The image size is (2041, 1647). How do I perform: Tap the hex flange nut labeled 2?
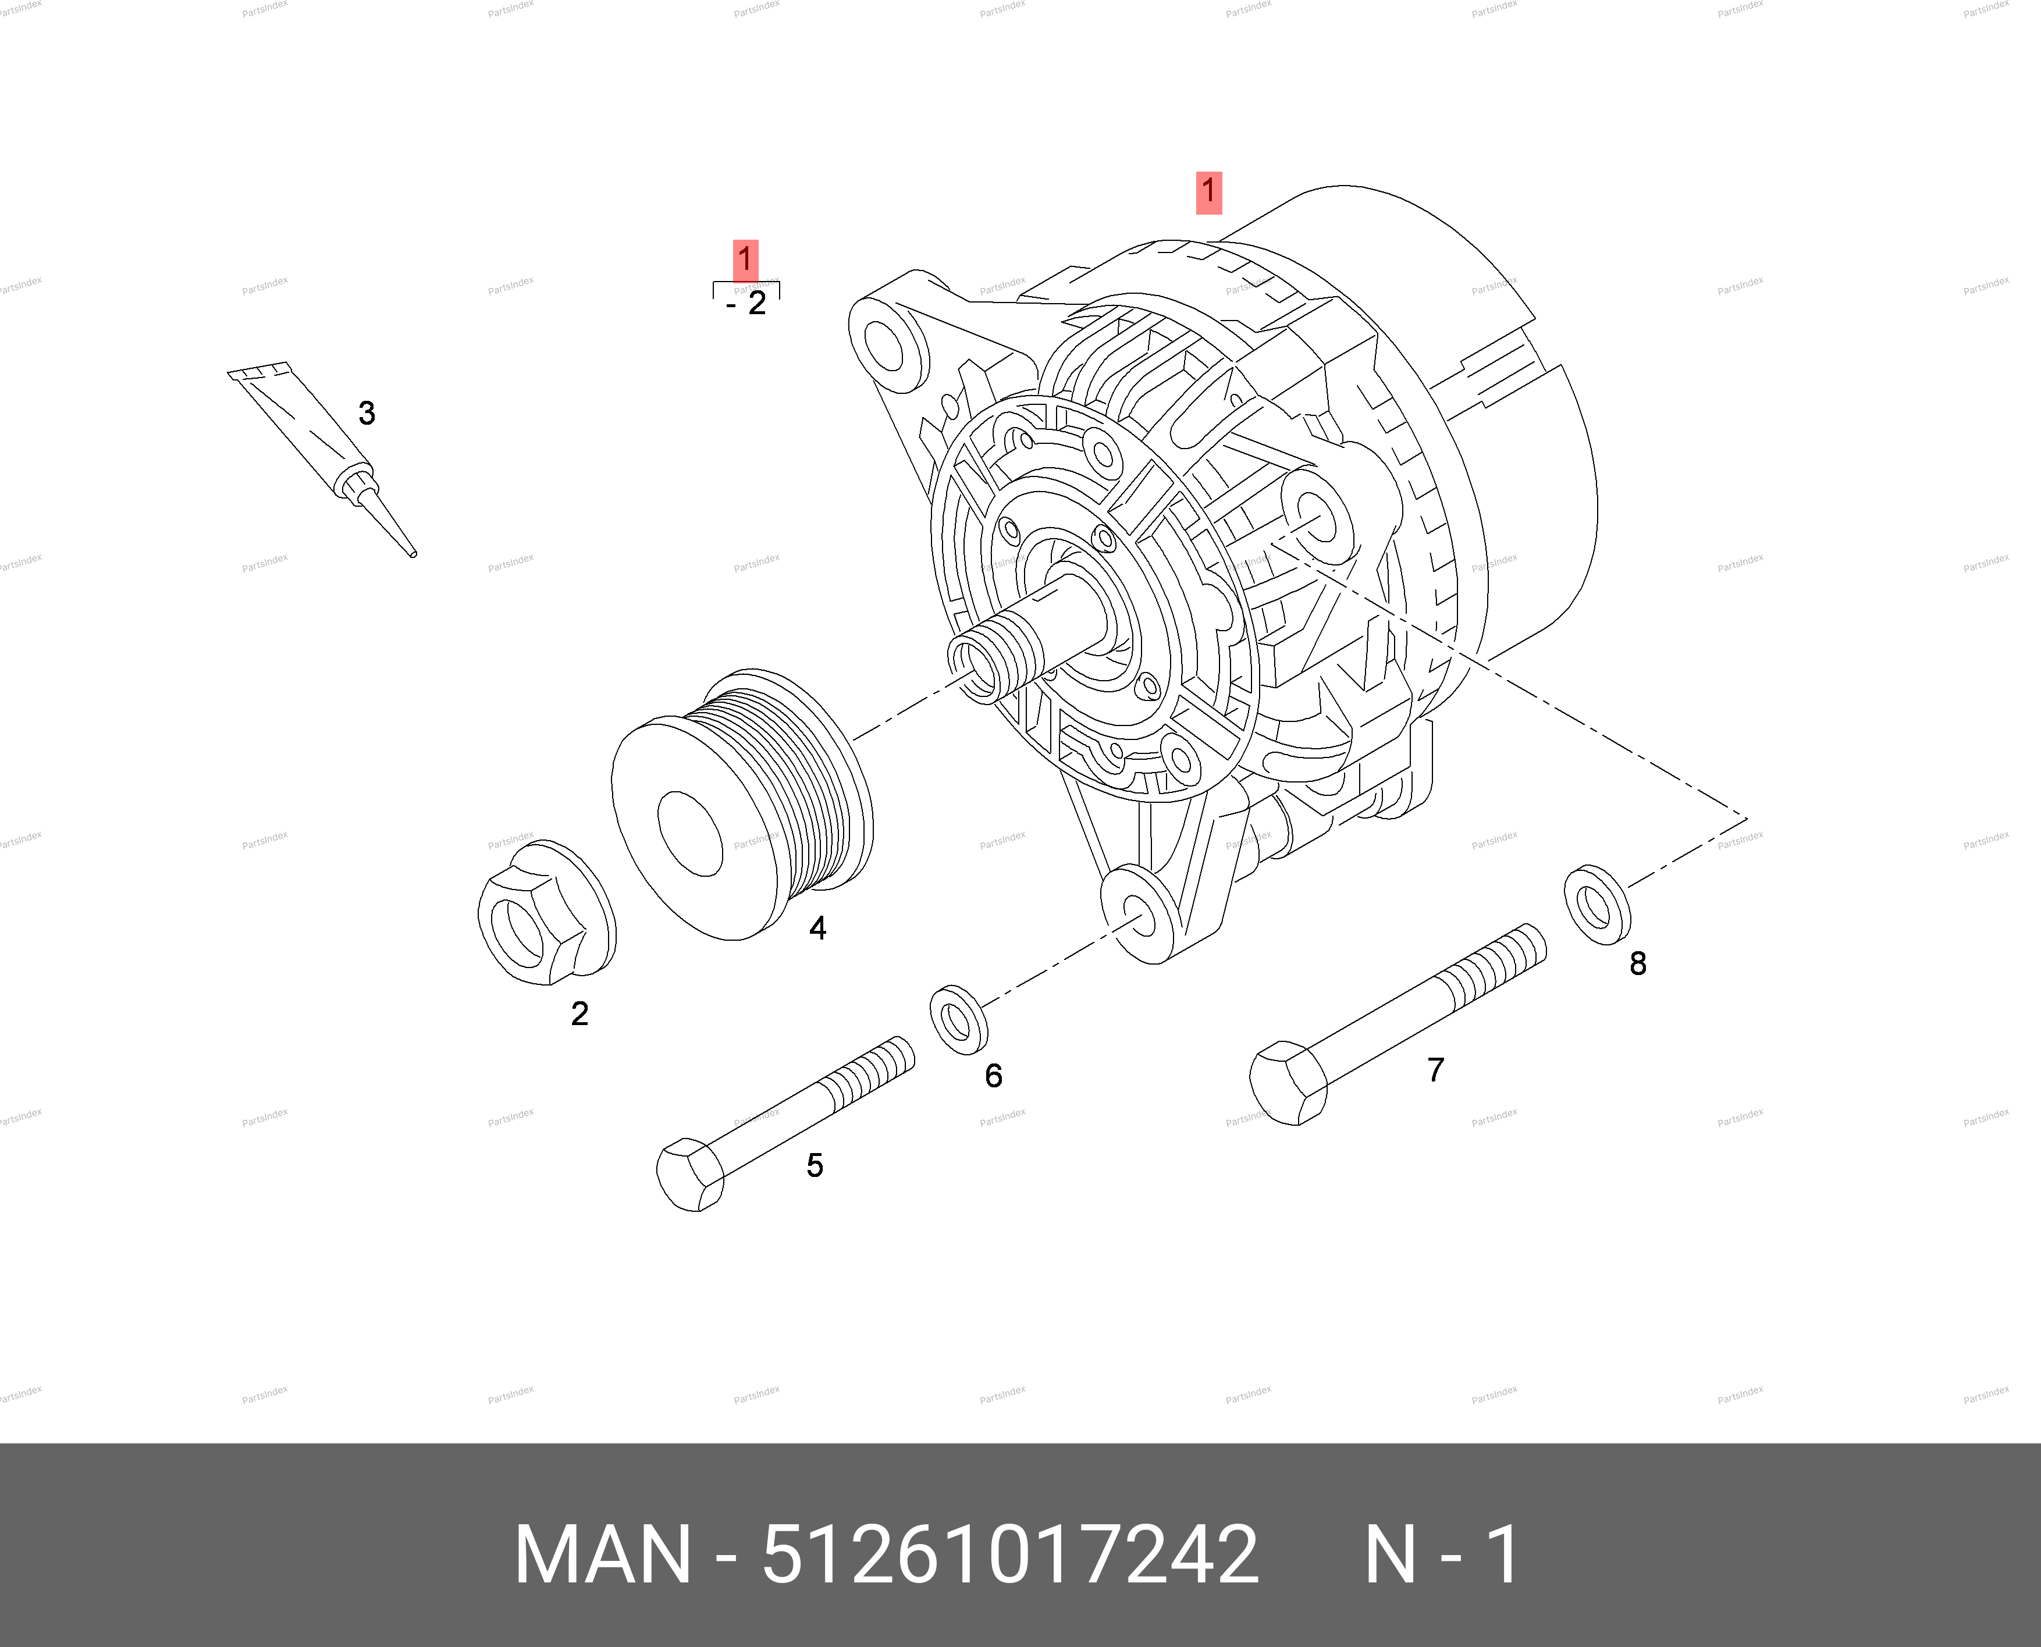pyautogui.click(x=546, y=913)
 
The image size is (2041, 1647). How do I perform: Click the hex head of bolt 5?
pyautogui.click(x=690, y=1176)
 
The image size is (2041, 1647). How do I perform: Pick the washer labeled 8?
pyautogui.click(x=1598, y=905)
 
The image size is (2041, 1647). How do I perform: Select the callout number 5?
pyautogui.click(x=814, y=1165)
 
